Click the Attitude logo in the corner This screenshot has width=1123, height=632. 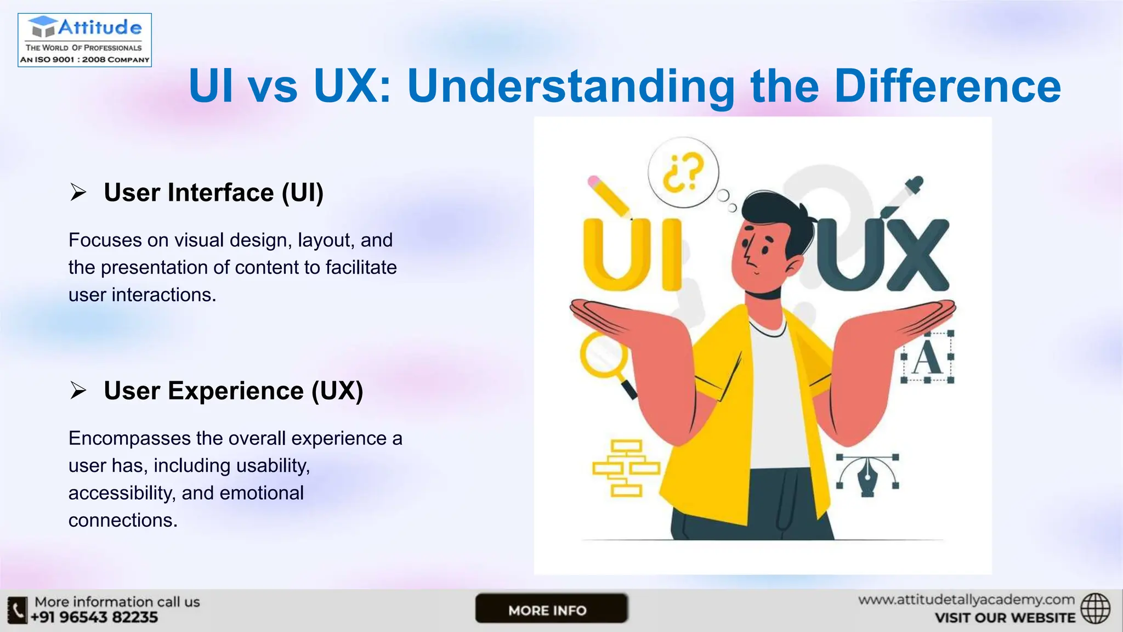click(84, 40)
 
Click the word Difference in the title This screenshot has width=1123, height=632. click(947, 86)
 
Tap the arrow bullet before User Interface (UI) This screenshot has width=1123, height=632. click(78, 193)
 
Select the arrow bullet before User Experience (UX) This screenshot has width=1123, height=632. click(78, 391)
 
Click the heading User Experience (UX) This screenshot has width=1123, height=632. click(233, 391)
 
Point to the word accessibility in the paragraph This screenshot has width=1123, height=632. click(121, 493)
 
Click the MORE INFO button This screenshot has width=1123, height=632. click(551, 609)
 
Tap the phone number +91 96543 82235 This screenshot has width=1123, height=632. click(94, 618)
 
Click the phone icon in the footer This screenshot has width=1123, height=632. click(18, 610)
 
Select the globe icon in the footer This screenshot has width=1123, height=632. click(1095, 608)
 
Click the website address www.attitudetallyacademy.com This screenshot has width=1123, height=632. click(966, 600)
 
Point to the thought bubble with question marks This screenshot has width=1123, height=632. click(683, 172)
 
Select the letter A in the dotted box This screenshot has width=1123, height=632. click(927, 357)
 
